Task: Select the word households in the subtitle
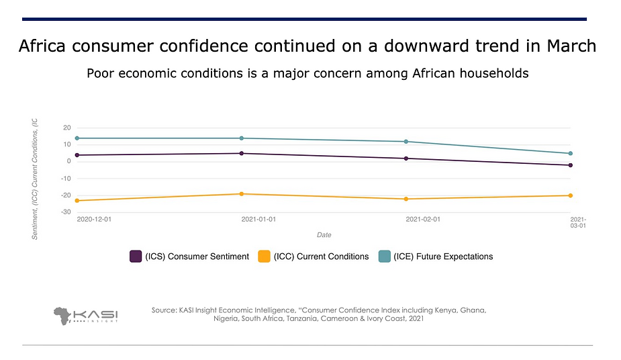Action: click(x=493, y=73)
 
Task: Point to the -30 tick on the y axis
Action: click(x=66, y=212)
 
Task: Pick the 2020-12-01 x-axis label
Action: click(x=95, y=220)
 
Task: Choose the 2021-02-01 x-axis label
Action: click(x=422, y=220)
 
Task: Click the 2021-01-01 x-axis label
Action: click(x=258, y=220)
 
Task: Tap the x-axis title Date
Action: click(x=324, y=235)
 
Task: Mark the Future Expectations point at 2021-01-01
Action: click(x=242, y=138)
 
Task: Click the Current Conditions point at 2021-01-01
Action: click(x=242, y=194)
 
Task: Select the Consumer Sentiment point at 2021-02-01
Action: click(x=406, y=159)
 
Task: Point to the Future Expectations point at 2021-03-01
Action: click(x=570, y=153)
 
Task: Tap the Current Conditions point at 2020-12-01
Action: click(x=77, y=201)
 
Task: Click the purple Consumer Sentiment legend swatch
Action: click(x=135, y=257)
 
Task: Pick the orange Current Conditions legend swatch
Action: click(x=264, y=257)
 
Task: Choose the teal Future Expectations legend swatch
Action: click(x=384, y=257)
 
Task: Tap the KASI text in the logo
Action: click(x=96, y=313)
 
